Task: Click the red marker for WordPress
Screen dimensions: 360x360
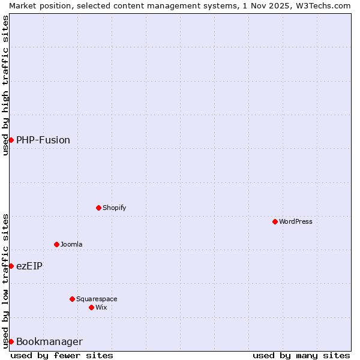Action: [275, 221]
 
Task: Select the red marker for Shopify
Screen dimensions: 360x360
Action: [98, 208]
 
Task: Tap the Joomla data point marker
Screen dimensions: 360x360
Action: [56, 244]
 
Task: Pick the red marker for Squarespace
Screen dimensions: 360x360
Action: [72, 299]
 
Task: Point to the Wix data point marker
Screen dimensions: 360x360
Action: [91, 307]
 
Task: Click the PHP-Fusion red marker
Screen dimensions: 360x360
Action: [11, 140]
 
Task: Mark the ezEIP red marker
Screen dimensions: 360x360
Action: [11, 266]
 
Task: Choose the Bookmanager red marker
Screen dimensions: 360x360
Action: [11, 341]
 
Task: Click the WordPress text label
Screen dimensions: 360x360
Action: [296, 222]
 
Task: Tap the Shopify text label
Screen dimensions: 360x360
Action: [114, 208]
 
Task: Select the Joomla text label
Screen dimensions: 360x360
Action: [71, 245]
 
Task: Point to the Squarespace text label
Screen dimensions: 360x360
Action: [97, 299]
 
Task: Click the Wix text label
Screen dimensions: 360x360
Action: [101, 308]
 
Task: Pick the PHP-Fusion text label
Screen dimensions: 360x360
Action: [43, 140]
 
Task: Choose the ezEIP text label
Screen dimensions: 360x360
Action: [29, 266]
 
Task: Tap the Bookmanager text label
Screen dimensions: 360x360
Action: [49, 342]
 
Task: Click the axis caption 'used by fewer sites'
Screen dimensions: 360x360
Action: [62, 355]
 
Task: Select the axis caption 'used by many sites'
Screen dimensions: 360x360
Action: [301, 355]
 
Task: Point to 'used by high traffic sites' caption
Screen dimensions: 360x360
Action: [5, 85]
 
